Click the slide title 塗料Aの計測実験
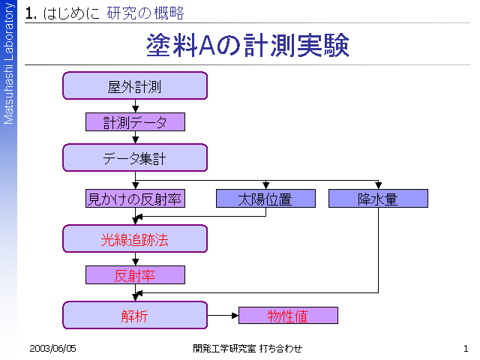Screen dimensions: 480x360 [x=247, y=45]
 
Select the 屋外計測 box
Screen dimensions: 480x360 [x=135, y=85]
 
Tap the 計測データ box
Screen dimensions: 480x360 [x=135, y=121]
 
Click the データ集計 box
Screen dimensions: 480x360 [x=135, y=157]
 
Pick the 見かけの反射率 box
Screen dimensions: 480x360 [x=135, y=198]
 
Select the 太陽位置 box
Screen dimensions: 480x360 [x=265, y=198]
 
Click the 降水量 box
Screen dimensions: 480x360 [x=378, y=198]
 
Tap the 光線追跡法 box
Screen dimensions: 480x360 [x=135, y=238]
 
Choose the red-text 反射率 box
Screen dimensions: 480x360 [x=135, y=275]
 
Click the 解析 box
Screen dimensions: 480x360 [x=135, y=315]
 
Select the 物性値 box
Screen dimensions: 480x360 [x=288, y=315]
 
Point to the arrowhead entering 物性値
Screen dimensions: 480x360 [x=235, y=315]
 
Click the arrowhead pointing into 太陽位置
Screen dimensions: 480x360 [x=265, y=185]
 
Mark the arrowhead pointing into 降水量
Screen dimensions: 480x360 [x=378, y=185]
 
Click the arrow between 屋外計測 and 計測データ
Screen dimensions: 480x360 [x=135, y=106]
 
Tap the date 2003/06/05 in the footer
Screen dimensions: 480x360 [x=52, y=348]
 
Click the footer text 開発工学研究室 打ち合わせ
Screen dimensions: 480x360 [x=247, y=348]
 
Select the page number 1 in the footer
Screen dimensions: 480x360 [x=466, y=348]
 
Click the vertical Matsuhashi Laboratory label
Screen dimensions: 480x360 [x=8, y=63]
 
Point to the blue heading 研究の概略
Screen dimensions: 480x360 [x=145, y=13]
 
